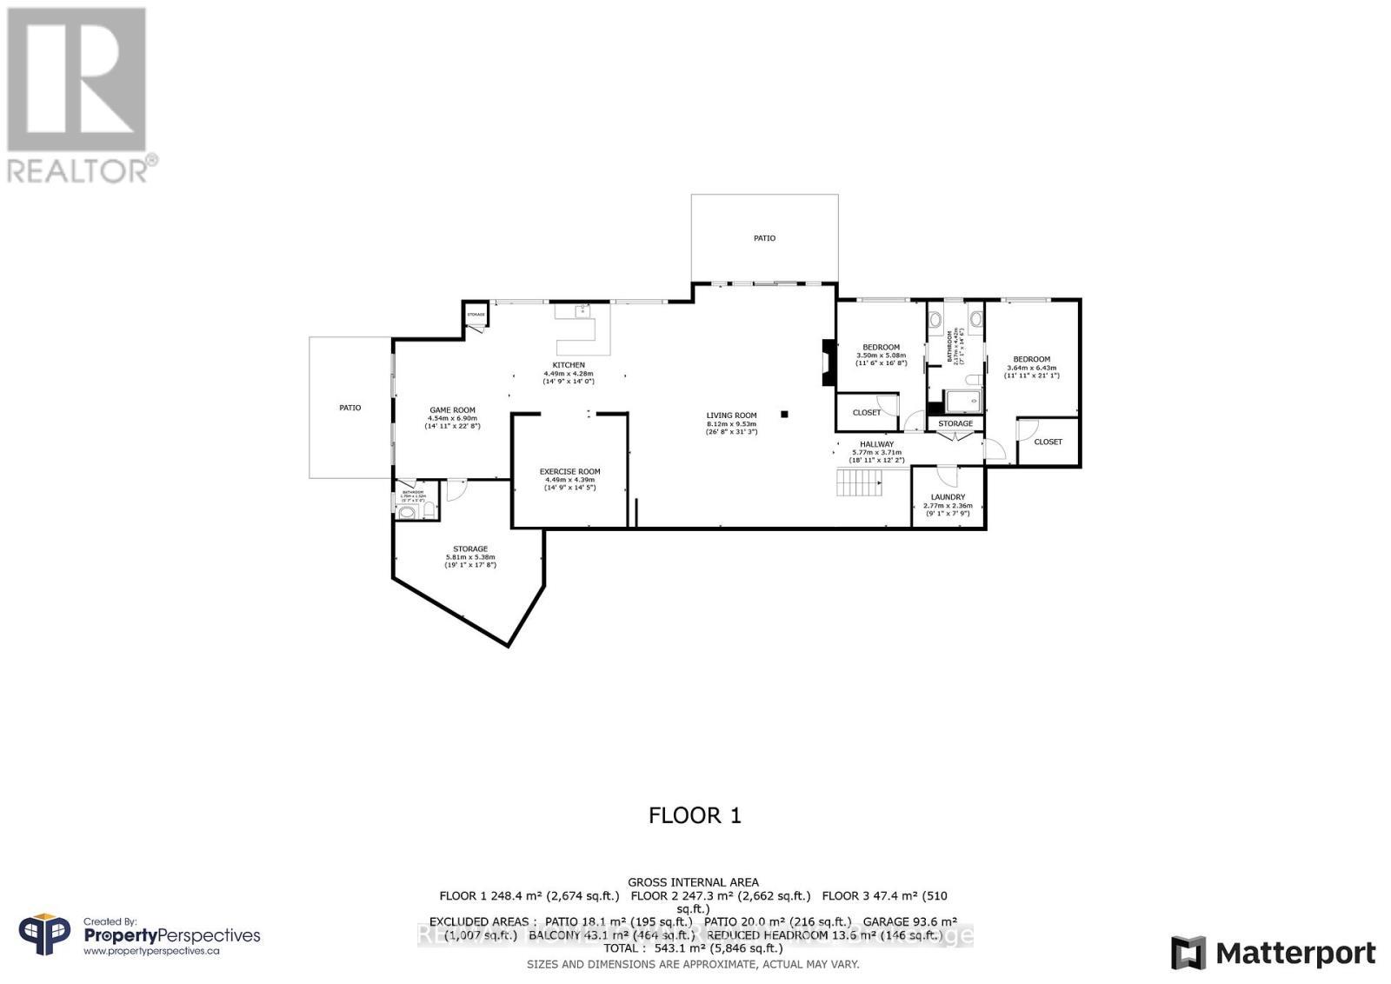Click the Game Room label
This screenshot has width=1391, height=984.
pos(452,410)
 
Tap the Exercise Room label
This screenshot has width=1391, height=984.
pos(569,472)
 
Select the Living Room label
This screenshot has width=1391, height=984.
pos(731,416)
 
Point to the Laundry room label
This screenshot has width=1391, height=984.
pos(947,497)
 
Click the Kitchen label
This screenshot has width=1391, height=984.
pos(569,365)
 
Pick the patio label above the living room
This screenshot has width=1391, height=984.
pos(764,238)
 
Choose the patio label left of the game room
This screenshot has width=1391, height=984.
pos(349,408)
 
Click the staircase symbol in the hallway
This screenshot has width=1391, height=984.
pos(859,482)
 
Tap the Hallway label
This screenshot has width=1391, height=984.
pos(876,444)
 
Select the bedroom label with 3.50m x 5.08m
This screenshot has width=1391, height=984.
pos(881,348)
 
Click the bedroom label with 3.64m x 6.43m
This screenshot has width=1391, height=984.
pos(1031,359)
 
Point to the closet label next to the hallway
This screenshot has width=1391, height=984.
pos(866,413)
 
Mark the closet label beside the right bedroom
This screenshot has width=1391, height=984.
pos(1048,442)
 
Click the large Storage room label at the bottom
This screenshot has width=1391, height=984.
pos(469,549)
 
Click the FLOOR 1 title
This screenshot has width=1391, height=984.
pos(695,815)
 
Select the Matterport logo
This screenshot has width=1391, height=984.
pos(1273,954)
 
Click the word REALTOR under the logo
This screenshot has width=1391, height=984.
pos(78,170)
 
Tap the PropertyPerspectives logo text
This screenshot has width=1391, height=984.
pos(171,935)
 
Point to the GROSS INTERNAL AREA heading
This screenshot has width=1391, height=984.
pos(693,882)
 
